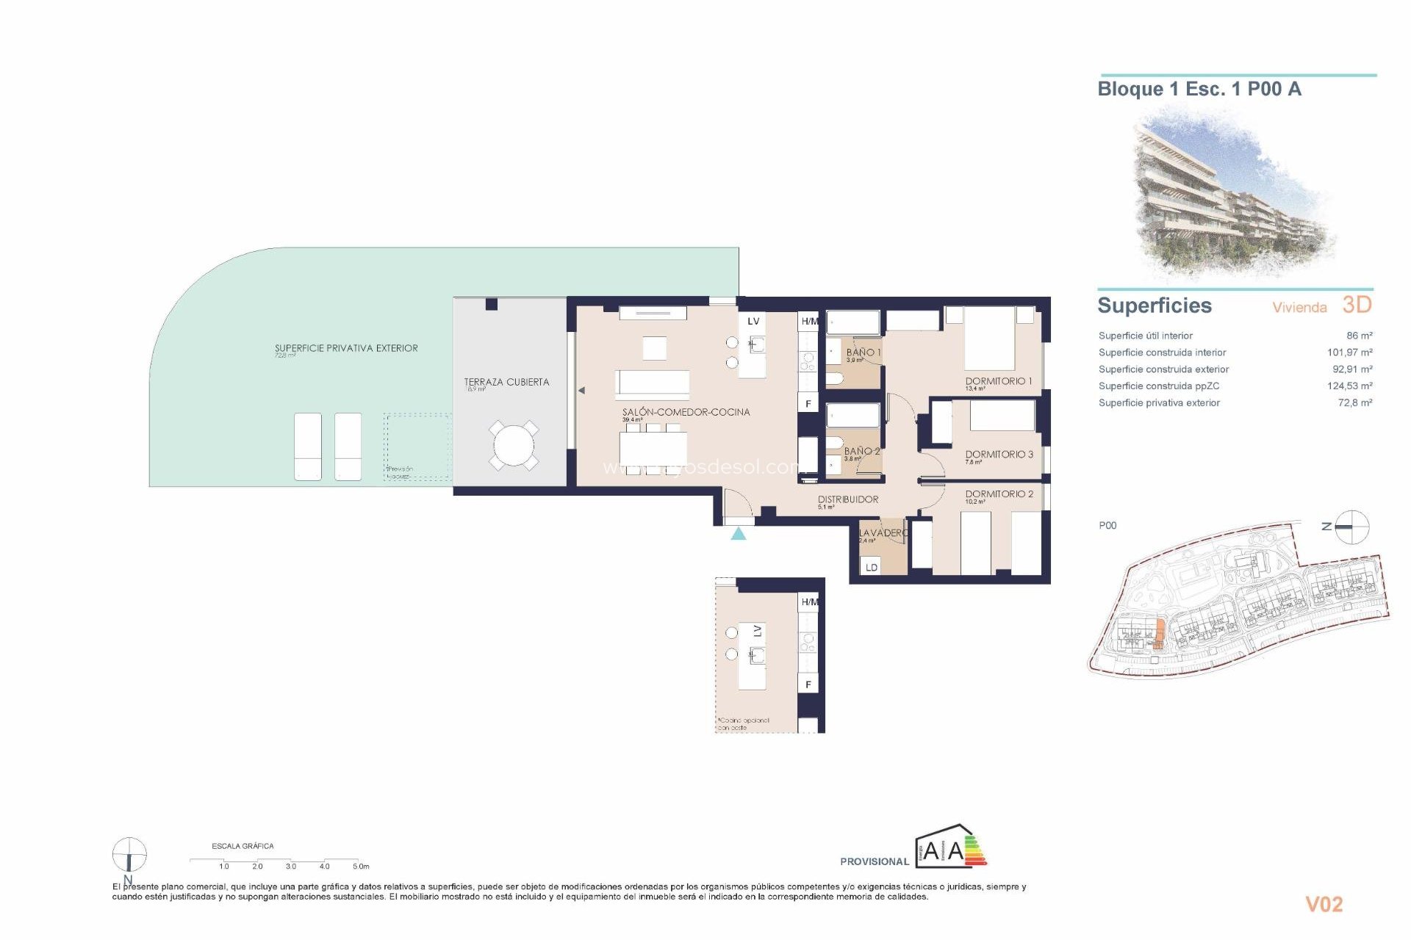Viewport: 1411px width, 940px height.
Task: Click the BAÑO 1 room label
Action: [x=863, y=352]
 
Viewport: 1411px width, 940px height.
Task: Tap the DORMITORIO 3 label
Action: [x=999, y=455]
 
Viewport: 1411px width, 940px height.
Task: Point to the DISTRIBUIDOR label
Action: [x=848, y=499]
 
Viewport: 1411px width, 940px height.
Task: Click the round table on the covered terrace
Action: [x=514, y=445]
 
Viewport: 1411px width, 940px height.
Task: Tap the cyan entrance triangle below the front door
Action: [x=739, y=534]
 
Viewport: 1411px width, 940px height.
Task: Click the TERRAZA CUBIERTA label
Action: [x=506, y=382]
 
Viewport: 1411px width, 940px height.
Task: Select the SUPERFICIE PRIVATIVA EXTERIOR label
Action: [x=346, y=348]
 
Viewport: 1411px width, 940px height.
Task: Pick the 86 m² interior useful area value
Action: [x=1359, y=336]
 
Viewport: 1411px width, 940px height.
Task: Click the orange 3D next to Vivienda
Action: [x=1357, y=305]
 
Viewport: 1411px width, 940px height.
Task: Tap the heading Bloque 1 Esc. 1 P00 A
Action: [x=1199, y=90]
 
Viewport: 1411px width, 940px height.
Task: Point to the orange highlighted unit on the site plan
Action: [x=1160, y=633]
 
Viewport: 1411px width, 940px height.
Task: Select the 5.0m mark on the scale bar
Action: [x=360, y=867]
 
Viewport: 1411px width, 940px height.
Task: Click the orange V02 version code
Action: [x=1324, y=905]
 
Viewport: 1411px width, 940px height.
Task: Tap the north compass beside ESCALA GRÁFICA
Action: [x=129, y=856]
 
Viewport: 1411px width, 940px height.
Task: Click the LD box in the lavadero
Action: [x=872, y=567]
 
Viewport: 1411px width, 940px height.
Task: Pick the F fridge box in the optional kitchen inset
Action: [x=808, y=684]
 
